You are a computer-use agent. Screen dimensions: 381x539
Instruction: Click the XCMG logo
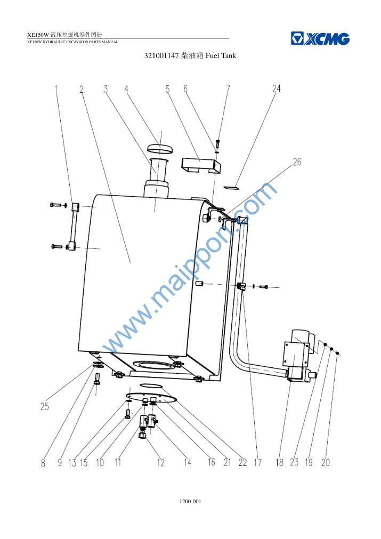(x=320, y=38)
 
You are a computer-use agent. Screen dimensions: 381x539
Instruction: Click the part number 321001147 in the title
(x=161, y=55)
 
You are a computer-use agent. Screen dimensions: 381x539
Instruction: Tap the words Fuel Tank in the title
(x=221, y=55)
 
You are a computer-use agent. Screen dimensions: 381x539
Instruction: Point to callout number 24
(x=276, y=89)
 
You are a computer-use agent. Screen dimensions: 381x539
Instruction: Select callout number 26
(x=297, y=162)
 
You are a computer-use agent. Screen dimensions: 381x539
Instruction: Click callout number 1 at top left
(x=56, y=89)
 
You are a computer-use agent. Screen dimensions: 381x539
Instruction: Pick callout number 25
(x=45, y=406)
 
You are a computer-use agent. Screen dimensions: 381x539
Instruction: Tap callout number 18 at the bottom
(x=279, y=462)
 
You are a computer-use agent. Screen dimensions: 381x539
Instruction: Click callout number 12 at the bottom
(x=161, y=462)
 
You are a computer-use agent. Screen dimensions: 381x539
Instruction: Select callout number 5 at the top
(x=168, y=89)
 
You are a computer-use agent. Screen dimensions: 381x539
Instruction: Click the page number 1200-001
(x=190, y=502)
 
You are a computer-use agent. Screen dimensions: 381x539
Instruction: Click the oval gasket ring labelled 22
(x=150, y=385)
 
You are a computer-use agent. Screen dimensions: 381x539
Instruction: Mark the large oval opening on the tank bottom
(x=151, y=365)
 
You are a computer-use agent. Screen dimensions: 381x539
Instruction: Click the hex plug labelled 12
(x=142, y=436)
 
